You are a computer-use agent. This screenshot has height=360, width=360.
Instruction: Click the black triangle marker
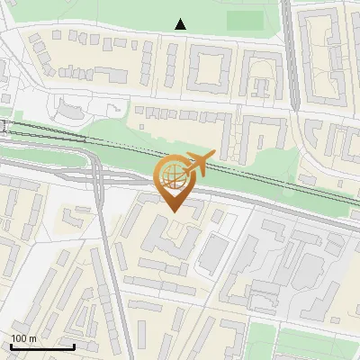click(x=181, y=24)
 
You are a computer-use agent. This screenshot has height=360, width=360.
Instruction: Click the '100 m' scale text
click(x=22, y=338)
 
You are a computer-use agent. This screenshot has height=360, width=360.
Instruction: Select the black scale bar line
click(x=41, y=346)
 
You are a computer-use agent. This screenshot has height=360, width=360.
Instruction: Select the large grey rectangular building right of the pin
click(x=213, y=256)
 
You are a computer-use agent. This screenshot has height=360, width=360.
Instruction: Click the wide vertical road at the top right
click(x=289, y=45)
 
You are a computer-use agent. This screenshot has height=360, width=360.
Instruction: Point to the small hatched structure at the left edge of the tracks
click(x=4, y=127)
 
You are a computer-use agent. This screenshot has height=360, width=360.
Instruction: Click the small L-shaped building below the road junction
click(x=71, y=216)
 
